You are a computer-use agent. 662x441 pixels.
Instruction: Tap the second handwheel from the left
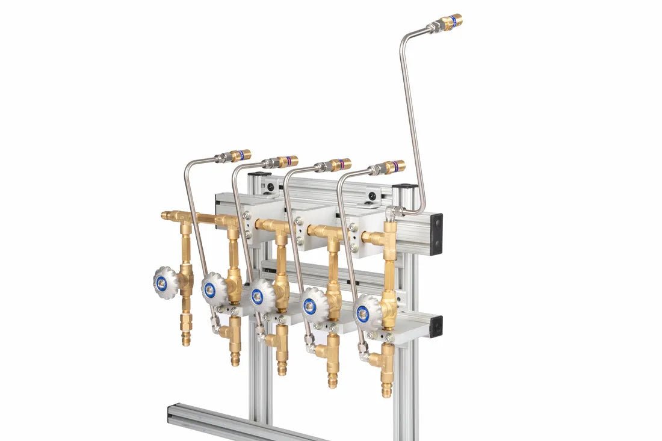[x=213, y=288]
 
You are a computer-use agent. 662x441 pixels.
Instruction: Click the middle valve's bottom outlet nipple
[x=282, y=365]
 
